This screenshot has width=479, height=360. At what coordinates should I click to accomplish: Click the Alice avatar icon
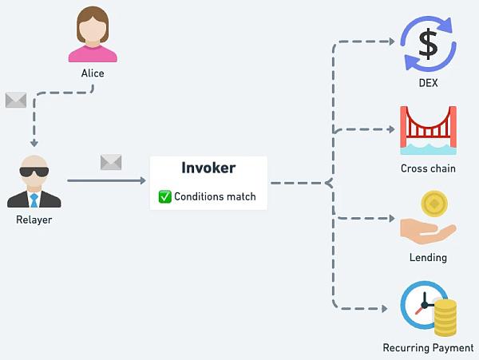(93, 34)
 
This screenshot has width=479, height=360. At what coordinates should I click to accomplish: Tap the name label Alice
(93, 73)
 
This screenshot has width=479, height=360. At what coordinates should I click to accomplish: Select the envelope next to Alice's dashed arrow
(16, 100)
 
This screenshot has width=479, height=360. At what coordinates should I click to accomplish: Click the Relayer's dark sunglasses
(34, 172)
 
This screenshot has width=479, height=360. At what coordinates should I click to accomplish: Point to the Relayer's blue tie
(34, 200)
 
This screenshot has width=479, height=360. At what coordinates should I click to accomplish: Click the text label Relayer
(34, 220)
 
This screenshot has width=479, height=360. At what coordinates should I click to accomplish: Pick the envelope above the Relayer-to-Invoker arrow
(111, 162)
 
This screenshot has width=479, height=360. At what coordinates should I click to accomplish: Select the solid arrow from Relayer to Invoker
(106, 180)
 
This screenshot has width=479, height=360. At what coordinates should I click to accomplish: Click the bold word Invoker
(208, 168)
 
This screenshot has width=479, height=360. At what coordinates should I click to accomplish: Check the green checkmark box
(165, 196)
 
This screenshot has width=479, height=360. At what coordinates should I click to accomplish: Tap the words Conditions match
(215, 196)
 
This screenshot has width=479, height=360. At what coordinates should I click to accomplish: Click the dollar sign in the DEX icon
(428, 44)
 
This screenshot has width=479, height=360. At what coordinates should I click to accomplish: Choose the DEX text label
(428, 83)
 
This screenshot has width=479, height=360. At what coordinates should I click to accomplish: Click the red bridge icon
(428, 130)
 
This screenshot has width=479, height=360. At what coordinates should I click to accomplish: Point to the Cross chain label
(428, 168)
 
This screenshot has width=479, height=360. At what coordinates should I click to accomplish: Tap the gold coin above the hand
(434, 204)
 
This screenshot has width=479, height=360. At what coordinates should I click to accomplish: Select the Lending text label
(428, 258)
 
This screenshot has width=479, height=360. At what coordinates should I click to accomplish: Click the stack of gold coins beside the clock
(445, 318)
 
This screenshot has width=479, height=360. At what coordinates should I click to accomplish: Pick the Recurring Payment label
(428, 348)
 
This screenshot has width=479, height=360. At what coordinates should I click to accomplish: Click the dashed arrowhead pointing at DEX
(392, 42)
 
